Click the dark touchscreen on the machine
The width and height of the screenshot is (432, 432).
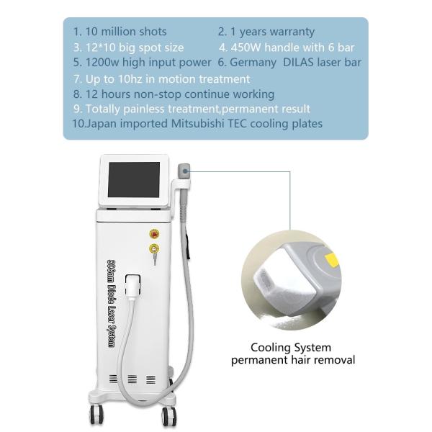134,179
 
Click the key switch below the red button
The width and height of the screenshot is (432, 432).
153,249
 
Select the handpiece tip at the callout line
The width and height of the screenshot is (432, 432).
184,171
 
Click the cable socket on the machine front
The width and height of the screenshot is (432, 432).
132,284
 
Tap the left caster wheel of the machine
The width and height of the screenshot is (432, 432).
96,415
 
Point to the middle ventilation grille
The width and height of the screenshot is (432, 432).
132,379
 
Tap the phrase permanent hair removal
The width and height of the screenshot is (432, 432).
292,359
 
